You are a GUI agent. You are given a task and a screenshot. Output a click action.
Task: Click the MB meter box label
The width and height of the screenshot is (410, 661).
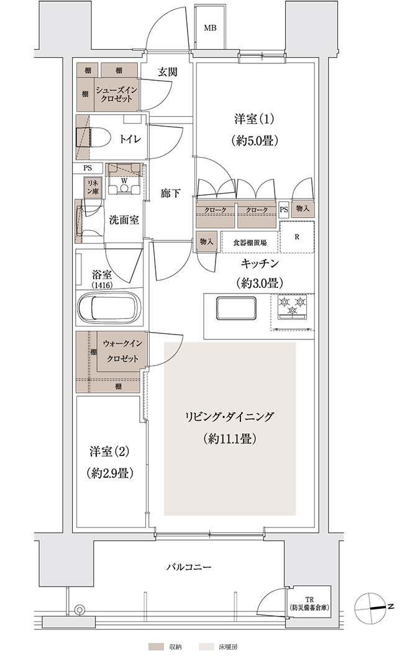210,29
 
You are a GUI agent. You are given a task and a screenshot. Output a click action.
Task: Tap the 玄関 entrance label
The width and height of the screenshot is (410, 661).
167,71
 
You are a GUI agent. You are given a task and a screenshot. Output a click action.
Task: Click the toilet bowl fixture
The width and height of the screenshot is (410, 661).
93,137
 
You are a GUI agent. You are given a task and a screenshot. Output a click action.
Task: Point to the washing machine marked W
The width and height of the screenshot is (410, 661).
124,179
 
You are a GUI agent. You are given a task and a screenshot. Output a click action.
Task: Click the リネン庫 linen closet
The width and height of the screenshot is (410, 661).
93,186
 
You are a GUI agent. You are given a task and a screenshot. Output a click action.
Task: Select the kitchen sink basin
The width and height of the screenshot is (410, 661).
236,309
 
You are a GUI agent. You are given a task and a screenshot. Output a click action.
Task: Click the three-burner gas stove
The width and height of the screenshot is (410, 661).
292,306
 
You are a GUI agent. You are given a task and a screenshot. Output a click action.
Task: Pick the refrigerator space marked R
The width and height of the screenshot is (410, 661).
297,236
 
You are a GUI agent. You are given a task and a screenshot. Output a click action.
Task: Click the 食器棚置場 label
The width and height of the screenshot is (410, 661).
250,243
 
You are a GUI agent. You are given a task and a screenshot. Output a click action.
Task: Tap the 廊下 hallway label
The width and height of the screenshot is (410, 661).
170,194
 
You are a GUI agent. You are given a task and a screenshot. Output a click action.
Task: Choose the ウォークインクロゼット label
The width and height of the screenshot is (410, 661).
123,351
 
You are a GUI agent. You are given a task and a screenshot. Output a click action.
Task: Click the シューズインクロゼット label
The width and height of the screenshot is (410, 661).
114,94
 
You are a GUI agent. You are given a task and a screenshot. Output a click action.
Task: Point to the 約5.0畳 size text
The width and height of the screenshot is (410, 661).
255,141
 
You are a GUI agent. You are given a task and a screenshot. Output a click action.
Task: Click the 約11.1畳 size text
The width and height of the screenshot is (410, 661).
230,439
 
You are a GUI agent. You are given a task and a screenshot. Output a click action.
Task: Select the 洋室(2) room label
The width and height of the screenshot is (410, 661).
109,452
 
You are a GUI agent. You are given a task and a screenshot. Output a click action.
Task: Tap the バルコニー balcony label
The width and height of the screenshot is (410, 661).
188,567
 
